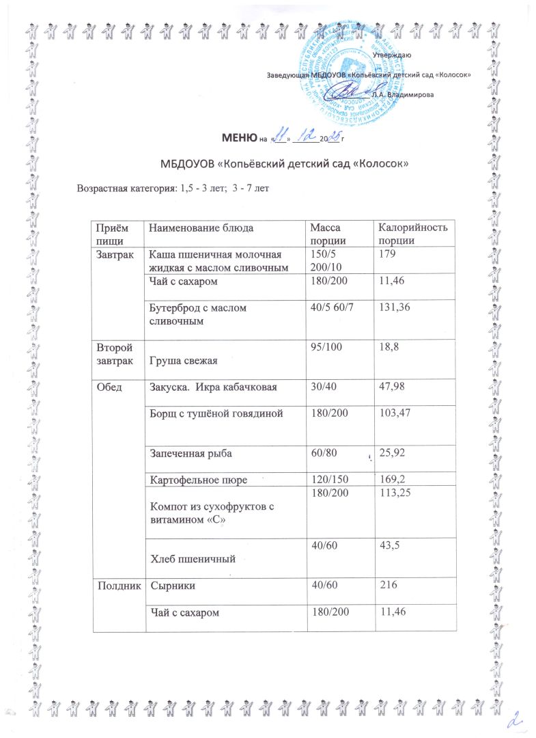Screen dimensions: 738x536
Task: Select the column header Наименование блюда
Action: [195, 227]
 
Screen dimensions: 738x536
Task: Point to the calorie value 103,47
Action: [389, 412]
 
